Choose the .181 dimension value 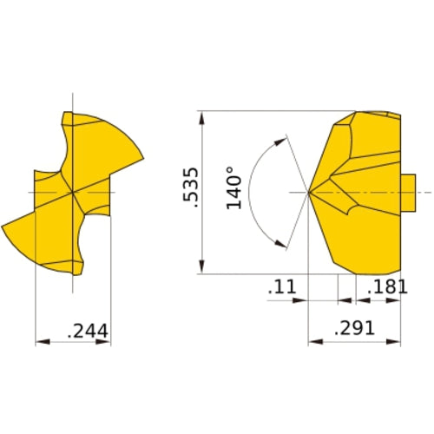(x=387, y=287)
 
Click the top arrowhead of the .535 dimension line (x=201, y=116)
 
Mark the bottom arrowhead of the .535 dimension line (x=201, y=269)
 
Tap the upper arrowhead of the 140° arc (x=279, y=138)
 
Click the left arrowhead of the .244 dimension (x=40, y=343)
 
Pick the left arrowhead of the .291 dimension (x=314, y=343)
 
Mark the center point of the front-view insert (x=73, y=191)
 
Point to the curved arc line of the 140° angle (x=250, y=191)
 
